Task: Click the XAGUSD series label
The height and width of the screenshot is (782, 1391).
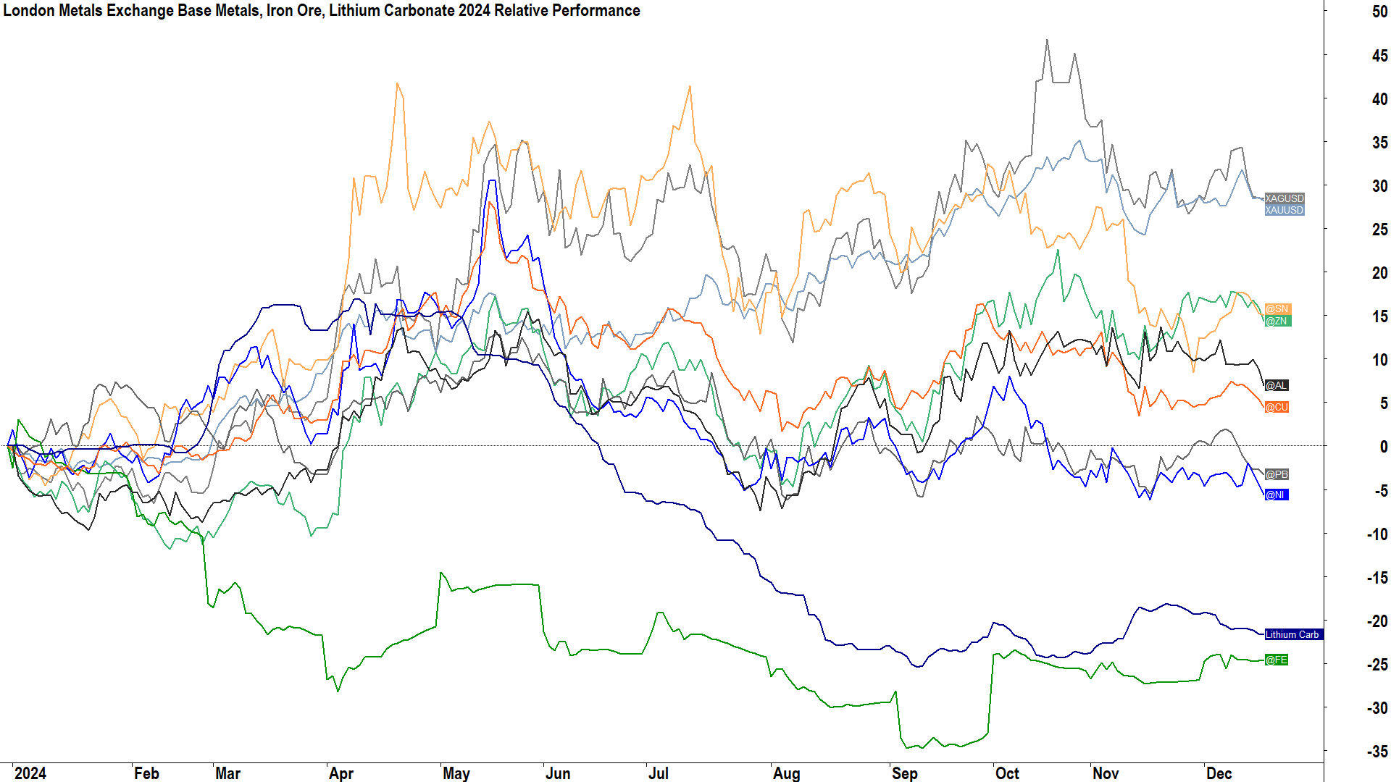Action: coord(1284,198)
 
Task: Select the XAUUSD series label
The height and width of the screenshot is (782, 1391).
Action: coord(1284,210)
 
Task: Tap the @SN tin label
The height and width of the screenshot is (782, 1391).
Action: coord(1277,309)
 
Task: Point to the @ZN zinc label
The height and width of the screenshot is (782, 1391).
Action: coord(1277,321)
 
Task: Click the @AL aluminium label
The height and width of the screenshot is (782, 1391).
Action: coord(1276,385)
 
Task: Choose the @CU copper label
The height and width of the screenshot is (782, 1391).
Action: coord(1277,407)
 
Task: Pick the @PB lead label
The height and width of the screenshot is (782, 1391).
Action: coord(1277,474)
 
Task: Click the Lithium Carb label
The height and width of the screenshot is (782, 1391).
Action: coord(1292,634)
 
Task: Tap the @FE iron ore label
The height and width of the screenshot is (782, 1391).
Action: coord(1276,660)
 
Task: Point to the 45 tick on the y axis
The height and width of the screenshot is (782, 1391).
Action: coord(1379,56)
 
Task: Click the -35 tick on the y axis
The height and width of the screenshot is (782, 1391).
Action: coord(1377,752)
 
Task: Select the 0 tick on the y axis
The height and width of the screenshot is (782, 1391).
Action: coord(1383,447)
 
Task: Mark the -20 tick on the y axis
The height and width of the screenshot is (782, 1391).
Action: coord(1377,621)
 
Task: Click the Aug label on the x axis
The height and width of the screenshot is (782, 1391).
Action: coord(786,773)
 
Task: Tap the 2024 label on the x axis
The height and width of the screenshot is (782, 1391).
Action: coord(30,773)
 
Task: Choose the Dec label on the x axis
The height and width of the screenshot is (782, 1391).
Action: coord(1219,773)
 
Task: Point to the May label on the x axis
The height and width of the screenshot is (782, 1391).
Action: coord(456,773)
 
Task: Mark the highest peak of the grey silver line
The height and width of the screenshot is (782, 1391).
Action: coord(1047,41)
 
